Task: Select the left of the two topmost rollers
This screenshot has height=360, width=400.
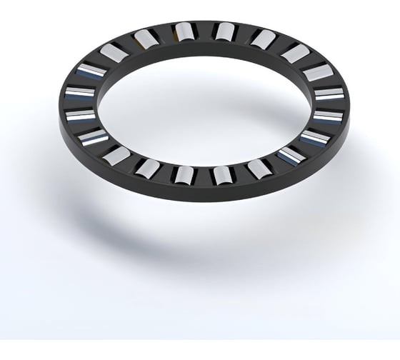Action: (x=183, y=31)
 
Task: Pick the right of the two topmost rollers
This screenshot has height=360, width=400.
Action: (x=225, y=31)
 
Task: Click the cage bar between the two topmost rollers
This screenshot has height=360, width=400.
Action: (x=204, y=30)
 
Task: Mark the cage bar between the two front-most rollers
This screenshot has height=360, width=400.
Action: (x=204, y=176)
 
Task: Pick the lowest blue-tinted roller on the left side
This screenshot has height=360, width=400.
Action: (x=94, y=137)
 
